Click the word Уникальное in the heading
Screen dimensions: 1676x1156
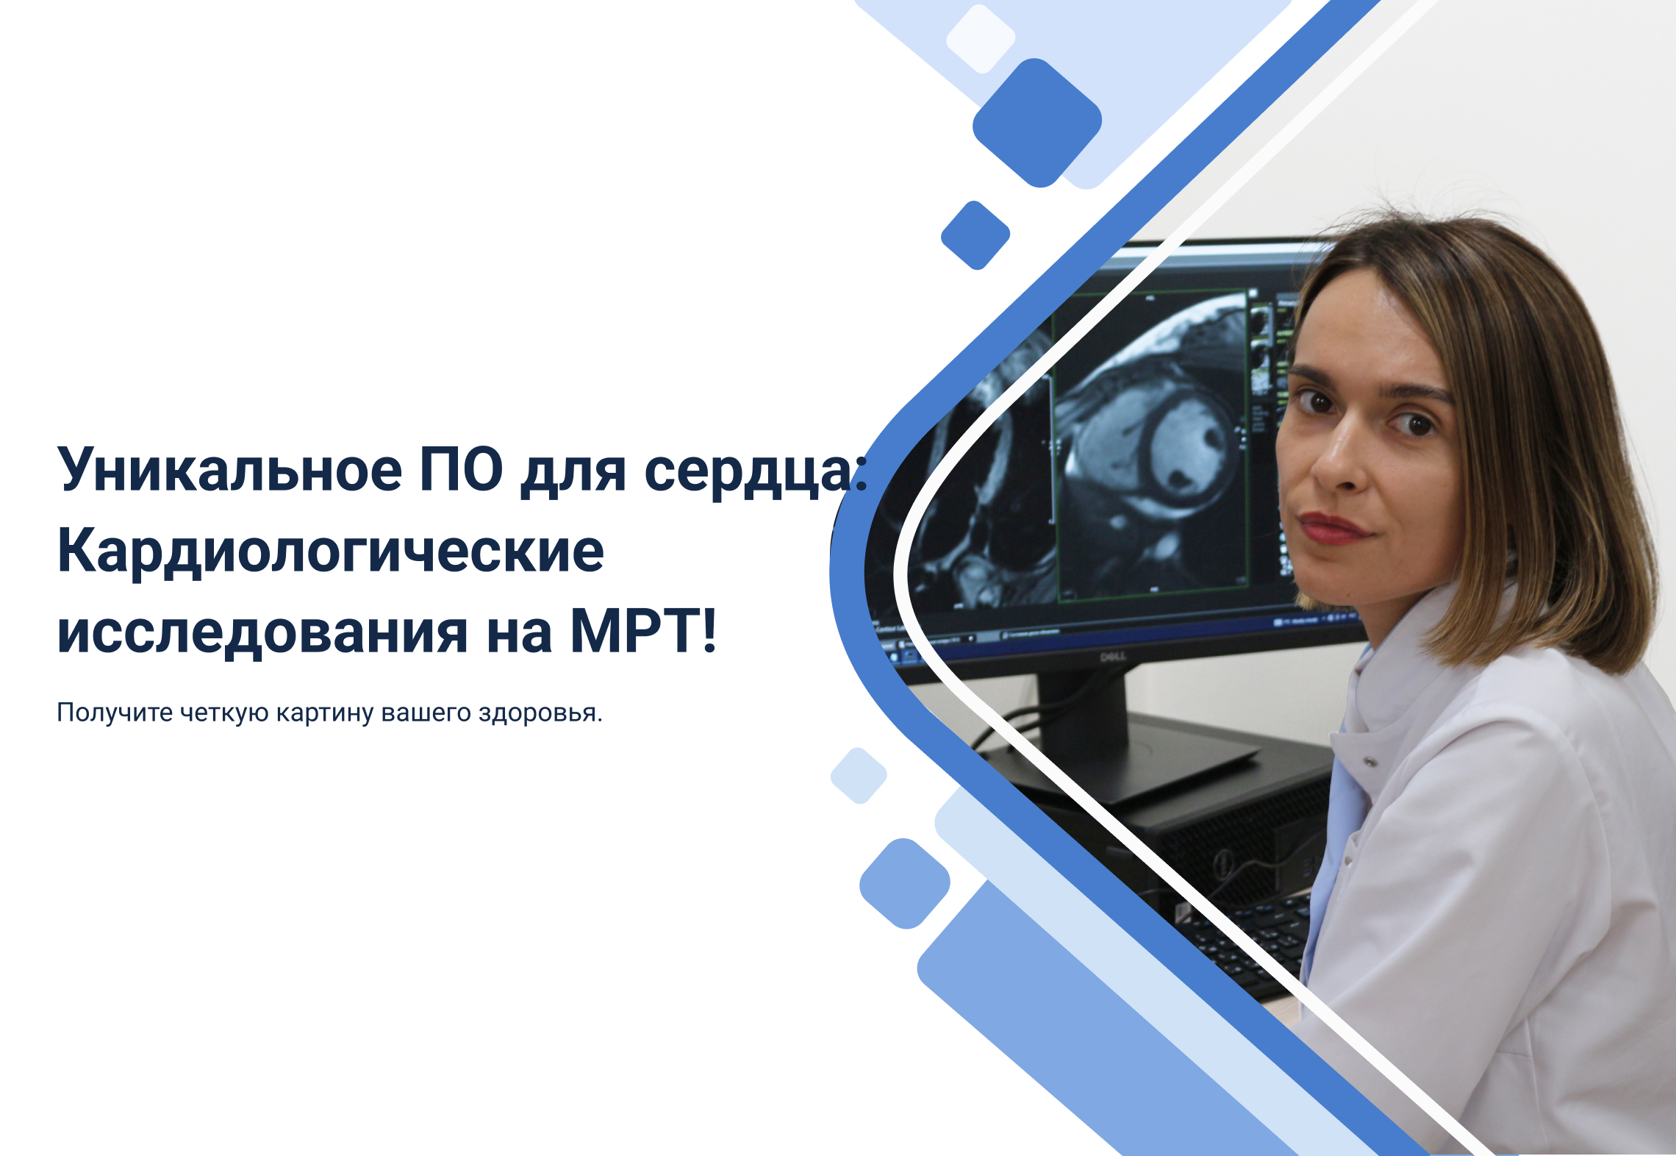230,470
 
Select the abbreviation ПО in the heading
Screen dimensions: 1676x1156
462,470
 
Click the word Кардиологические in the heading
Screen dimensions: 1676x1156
331,552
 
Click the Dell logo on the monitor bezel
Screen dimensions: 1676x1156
1113,656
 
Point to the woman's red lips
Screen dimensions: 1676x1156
1332,528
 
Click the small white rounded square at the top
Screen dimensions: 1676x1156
980,39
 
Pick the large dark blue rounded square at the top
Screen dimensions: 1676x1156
1037,123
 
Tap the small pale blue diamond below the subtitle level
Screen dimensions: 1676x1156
859,776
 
